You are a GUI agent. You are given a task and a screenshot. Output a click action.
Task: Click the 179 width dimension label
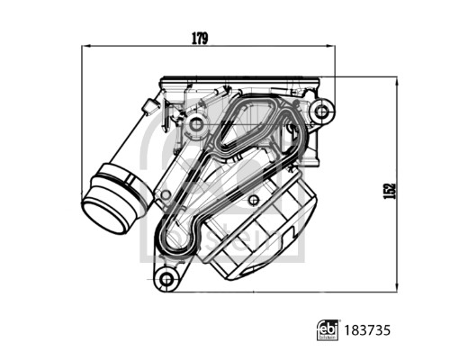point(199,38)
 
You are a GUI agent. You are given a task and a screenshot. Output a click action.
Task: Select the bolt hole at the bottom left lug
point(166,279)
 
